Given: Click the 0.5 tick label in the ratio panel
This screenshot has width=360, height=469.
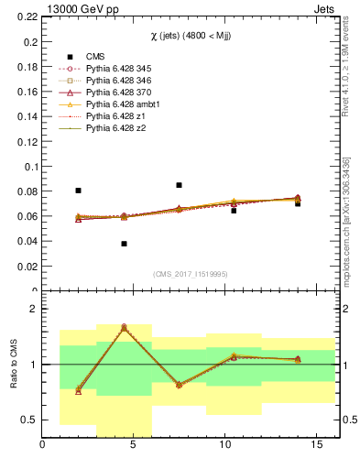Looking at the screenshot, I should pos(27,420).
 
